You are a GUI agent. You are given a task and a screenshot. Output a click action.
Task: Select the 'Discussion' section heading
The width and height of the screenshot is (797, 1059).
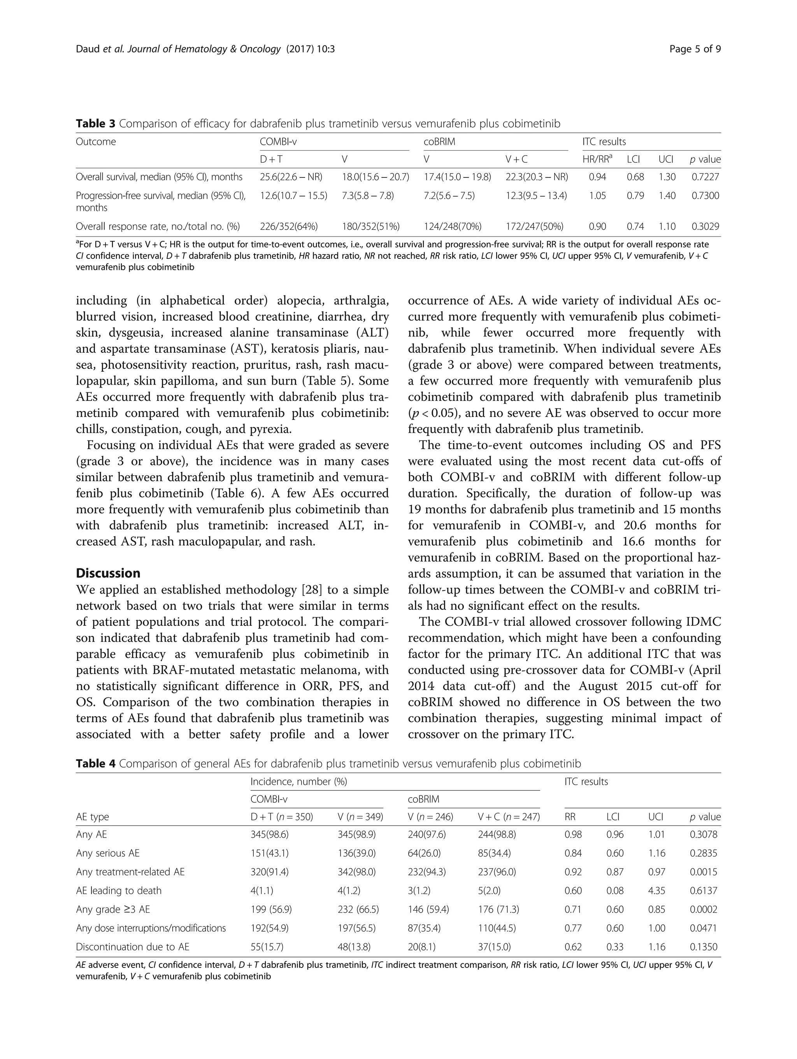pyautogui.click(x=108, y=573)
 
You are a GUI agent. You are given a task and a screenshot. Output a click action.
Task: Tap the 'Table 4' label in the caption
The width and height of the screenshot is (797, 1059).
pyautogui.click(x=96, y=763)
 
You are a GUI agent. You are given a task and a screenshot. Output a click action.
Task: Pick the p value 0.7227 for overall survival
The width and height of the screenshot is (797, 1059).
pyautogui.click(x=705, y=177)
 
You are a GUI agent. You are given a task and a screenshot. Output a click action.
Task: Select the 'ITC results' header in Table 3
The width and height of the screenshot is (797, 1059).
pyautogui.click(x=604, y=142)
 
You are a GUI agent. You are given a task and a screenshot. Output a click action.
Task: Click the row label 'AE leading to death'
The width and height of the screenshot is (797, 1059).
pyautogui.click(x=119, y=890)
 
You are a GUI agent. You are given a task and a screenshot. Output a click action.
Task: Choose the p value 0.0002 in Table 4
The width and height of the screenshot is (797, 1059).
pyautogui.click(x=703, y=909)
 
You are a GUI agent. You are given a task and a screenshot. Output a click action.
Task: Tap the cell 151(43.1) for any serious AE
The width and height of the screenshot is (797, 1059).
pyautogui.click(x=270, y=853)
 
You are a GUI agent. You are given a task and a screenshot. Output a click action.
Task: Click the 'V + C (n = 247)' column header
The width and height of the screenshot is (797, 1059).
pyautogui.click(x=509, y=817)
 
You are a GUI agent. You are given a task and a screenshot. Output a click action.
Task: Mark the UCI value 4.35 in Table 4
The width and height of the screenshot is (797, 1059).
pyautogui.click(x=657, y=890)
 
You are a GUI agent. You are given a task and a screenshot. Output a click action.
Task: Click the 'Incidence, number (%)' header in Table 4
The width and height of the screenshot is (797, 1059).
pyautogui.click(x=299, y=782)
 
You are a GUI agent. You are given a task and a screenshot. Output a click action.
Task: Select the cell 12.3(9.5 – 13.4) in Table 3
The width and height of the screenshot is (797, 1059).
pyautogui.click(x=536, y=196)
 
